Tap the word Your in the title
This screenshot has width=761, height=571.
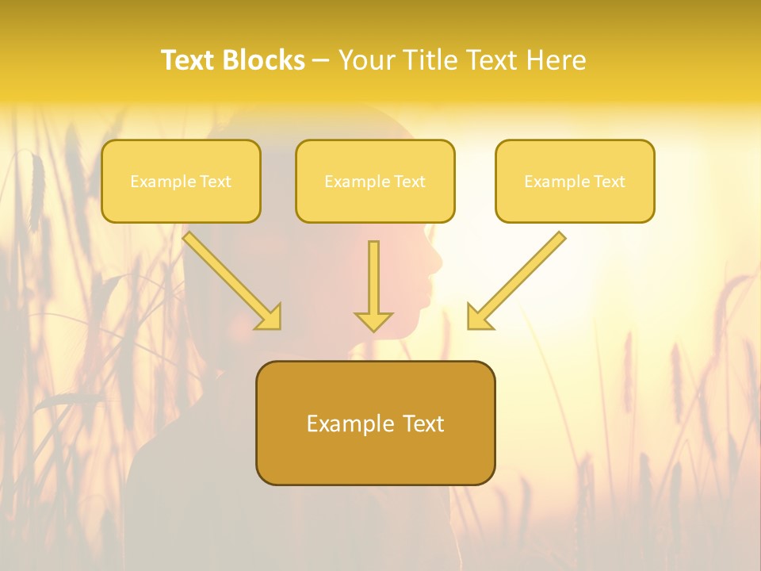367,60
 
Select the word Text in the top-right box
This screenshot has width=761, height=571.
610,182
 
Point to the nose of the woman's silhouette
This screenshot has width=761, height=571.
437,263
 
